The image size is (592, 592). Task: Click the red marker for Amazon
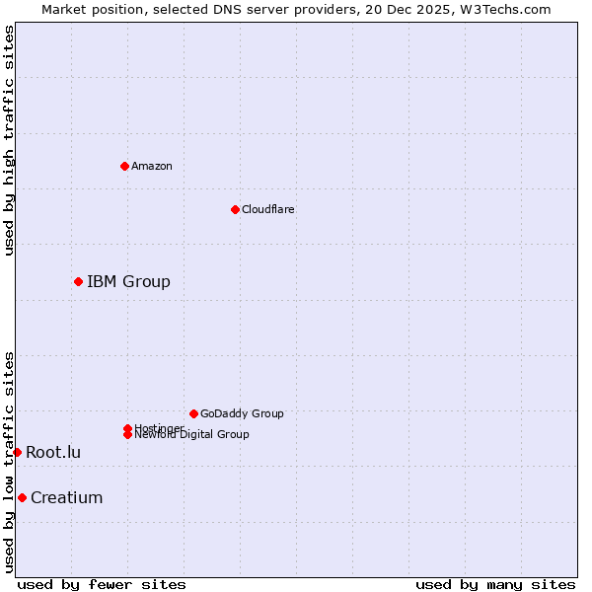tap(124, 166)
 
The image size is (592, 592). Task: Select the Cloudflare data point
tap(235, 209)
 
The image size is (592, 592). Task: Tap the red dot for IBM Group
tap(78, 282)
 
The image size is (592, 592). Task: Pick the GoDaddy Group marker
tap(193, 413)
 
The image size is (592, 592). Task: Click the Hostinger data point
tap(127, 428)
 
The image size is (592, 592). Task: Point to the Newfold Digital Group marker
tap(127, 435)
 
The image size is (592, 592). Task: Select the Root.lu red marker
tap(17, 452)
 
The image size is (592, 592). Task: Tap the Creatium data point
tap(22, 497)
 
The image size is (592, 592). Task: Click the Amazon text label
tap(152, 166)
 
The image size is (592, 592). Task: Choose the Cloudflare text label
tap(268, 209)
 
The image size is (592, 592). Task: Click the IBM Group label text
tap(128, 282)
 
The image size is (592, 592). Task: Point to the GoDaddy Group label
tap(242, 413)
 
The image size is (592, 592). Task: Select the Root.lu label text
tap(53, 452)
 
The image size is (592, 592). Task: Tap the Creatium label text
tap(66, 497)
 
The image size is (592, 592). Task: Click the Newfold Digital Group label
tap(192, 435)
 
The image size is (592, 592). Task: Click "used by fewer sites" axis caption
tap(102, 585)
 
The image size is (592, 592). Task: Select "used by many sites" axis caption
tap(495, 585)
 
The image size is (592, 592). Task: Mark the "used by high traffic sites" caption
tap(10, 140)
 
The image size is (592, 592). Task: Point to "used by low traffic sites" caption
tap(10, 462)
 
